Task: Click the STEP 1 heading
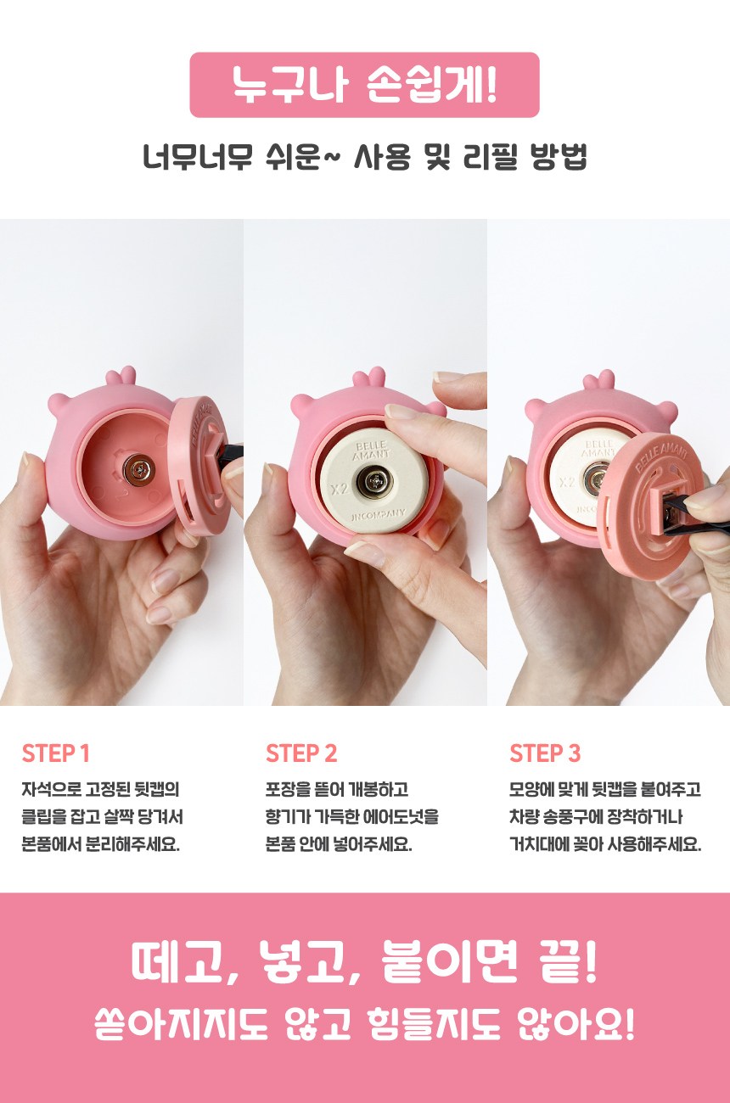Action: [x=56, y=753]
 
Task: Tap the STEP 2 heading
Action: [x=301, y=753]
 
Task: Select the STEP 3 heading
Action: [x=545, y=753]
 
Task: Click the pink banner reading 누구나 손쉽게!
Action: [x=364, y=85]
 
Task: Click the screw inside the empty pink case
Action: [x=139, y=468]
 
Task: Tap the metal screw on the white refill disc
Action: [x=376, y=481]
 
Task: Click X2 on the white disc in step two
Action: [x=340, y=490]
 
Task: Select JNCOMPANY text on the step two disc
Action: [x=379, y=516]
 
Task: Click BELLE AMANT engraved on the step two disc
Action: [x=371, y=451]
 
